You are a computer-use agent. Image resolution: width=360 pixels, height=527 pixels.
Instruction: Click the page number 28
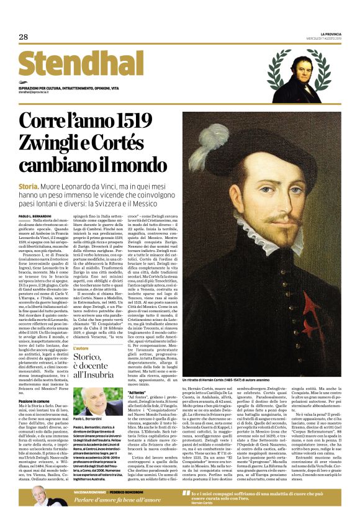24,37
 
